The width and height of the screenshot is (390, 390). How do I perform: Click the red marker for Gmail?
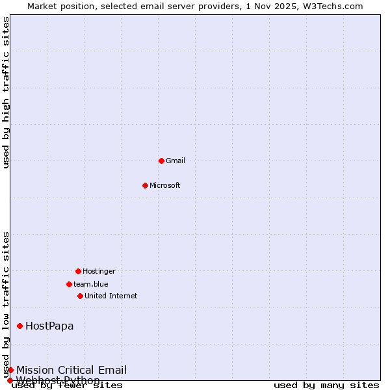coord(161,161)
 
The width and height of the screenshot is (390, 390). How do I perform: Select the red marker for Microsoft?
coord(145,185)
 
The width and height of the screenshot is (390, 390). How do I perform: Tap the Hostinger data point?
coord(78,271)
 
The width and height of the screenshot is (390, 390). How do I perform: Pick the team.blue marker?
coord(69,284)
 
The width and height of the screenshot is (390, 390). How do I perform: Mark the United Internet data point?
coord(80,296)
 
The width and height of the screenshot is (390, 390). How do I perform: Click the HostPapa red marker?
coord(19,326)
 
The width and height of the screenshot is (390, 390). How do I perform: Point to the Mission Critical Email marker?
coord(10,370)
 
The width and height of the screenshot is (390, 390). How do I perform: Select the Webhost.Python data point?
coord(10,380)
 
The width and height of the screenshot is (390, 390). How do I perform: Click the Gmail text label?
coord(175,161)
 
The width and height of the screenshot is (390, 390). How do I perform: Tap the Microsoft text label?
coord(165,185)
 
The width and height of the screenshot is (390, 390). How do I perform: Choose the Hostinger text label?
coord(99,271)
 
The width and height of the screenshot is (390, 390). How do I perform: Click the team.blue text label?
coord(91,284)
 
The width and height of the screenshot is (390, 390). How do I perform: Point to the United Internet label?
coord(111,296)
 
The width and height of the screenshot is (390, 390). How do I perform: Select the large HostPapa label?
coord(49,326)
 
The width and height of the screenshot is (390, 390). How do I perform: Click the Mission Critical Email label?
coord(71,370)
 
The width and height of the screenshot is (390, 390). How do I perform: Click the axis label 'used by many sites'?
coord(326,385)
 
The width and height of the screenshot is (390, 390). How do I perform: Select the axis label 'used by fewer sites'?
coord(68,385)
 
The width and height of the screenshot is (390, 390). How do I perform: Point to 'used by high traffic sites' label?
coord(6,92)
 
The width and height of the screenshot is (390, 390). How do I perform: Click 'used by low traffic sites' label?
coord(6,304)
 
